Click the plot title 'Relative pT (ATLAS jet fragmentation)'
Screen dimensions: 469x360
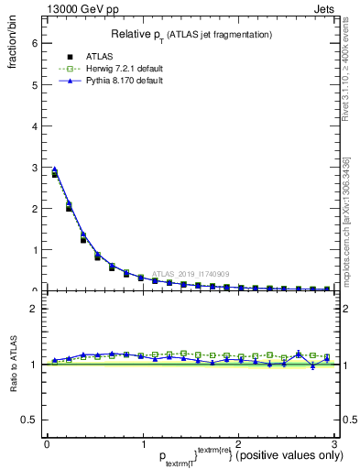[191, 35]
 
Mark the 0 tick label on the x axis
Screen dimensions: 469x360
[47, 443]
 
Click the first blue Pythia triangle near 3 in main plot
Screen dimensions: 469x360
[54, 169]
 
